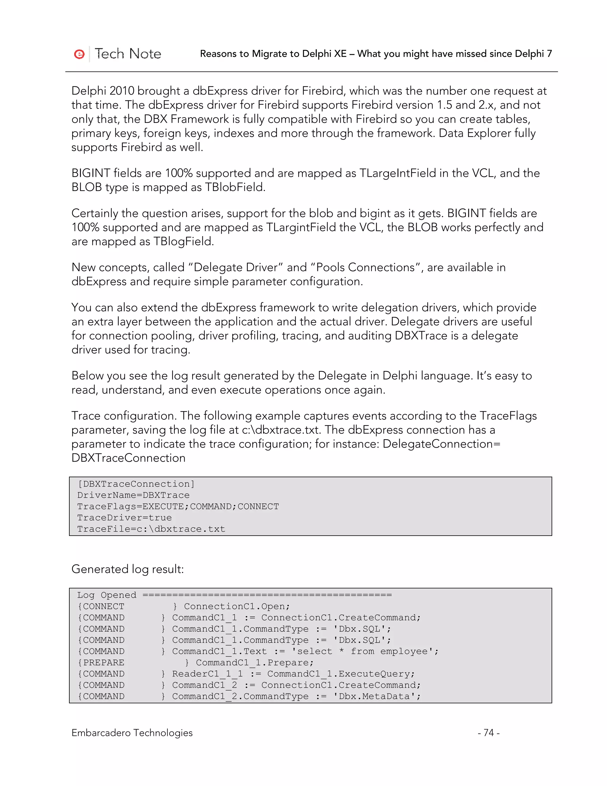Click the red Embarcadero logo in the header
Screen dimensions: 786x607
coord(79,54)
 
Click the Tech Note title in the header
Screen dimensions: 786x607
coord(128,54)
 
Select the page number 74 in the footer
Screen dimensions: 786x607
coord(488,732)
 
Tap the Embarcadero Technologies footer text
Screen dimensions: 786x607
coord(132,732)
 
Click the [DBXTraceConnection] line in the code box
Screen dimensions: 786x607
coord(136,484)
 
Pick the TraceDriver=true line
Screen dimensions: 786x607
coord(124,518)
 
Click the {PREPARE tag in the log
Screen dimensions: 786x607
coord(101,663)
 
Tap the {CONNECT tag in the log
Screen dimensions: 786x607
coord(101,607)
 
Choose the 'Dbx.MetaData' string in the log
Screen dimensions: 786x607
coord(377,696)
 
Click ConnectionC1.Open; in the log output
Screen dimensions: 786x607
coord(237,607)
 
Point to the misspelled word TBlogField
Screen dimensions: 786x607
coord(183,241)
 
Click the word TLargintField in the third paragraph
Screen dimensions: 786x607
coord(301,227)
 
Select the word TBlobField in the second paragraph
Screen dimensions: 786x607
coord(235,187)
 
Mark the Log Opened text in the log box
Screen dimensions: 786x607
coord(107,595)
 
